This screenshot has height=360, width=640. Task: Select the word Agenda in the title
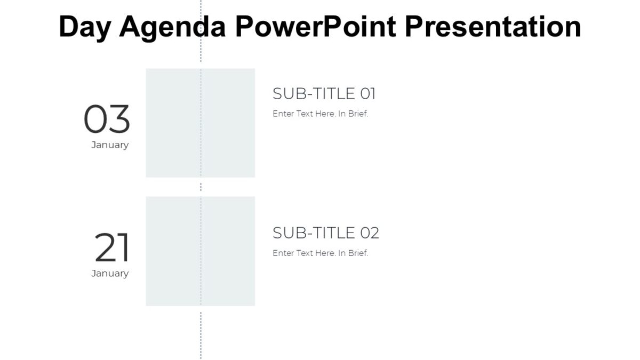(x=172, y=27)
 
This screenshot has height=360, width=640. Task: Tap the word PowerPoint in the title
(x=315, y=27)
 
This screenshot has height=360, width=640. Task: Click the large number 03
(x=107, y=119)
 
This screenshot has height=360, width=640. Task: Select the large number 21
(x=112, y=248)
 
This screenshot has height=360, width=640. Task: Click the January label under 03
(x=110, y=145)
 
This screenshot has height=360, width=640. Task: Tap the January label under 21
(x=110, y=274)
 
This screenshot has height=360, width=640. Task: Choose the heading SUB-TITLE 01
(x=324, y=94)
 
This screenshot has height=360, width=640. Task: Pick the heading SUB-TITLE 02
(x=325, y=233)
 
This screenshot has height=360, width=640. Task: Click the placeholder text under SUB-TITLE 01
(x=320, y=114)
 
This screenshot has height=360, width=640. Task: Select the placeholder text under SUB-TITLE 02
(x=320, y=253)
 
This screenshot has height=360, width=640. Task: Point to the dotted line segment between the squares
(x=201, y=187)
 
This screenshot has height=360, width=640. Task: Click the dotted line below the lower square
(x=201, y=333)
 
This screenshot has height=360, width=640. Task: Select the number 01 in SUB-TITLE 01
(x=368, y=94)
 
